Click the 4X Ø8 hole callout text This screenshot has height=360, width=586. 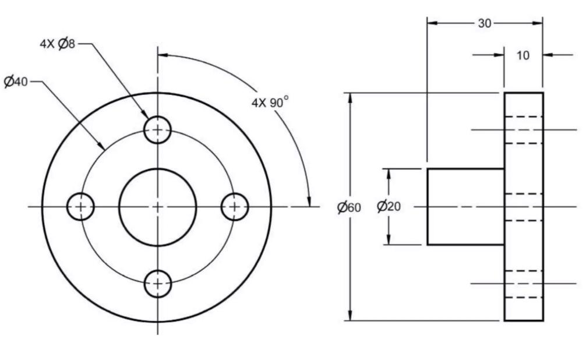[58, 45]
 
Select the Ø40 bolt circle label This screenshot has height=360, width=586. [16, 82]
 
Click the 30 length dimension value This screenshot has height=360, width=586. [485, 23]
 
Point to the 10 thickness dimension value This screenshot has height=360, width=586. [523, 56]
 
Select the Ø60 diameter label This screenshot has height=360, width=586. [348, 207]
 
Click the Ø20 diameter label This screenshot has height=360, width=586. [389, 207]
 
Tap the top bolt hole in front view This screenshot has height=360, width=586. [157, 129]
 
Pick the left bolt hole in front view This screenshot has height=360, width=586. [80, 207]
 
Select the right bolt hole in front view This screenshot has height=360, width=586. [235, 207]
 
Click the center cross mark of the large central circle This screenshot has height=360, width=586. [157, 207]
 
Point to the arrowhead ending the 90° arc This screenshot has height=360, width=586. [309, 202]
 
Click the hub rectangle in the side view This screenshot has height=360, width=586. [465, 207]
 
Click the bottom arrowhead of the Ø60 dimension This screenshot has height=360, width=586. [350, 316]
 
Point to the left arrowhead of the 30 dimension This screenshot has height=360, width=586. [432, 23]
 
